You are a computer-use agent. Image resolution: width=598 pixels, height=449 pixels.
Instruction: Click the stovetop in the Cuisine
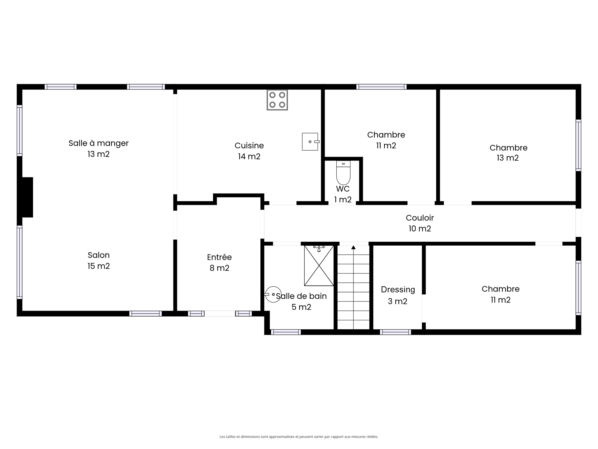pos(277,100)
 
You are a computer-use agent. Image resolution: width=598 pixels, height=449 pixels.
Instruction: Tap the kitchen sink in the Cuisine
pos(311,142)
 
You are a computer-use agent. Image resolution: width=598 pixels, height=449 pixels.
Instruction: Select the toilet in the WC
pos(343,172)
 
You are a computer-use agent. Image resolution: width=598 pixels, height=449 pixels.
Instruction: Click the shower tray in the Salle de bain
pos(319,265)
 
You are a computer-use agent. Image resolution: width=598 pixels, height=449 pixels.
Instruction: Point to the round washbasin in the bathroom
pos(273,294)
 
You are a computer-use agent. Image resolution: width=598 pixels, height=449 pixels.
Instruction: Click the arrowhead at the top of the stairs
pos(353,248)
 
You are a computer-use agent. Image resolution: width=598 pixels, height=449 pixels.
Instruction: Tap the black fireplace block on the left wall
pos(25,197)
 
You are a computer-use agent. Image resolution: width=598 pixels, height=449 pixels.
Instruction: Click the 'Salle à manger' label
pos(98,143)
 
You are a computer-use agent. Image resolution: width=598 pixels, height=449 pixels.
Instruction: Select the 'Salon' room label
pos(99,255)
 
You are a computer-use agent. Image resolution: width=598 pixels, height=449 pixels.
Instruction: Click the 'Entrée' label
pos(219,257)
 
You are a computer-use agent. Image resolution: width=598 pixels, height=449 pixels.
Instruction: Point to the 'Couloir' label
pos(420,218)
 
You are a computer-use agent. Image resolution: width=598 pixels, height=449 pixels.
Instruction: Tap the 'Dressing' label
pos(398,290)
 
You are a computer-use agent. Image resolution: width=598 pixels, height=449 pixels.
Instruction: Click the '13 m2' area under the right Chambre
pos(508,158)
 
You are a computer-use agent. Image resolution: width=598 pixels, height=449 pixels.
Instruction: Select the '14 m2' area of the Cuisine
pos(249,156)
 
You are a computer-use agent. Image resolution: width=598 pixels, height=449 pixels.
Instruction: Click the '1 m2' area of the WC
pos(343,200)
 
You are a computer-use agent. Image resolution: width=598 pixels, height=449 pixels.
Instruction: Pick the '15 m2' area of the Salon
pos(99,266)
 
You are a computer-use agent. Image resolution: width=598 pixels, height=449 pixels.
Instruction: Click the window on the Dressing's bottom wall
pos(395,332)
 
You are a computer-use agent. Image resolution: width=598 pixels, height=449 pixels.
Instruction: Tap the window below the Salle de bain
pos(286,332)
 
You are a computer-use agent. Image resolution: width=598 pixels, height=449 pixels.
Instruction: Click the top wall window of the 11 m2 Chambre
pos(382,87)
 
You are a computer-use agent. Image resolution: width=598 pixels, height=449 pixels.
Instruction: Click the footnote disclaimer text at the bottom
pos(299,437)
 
